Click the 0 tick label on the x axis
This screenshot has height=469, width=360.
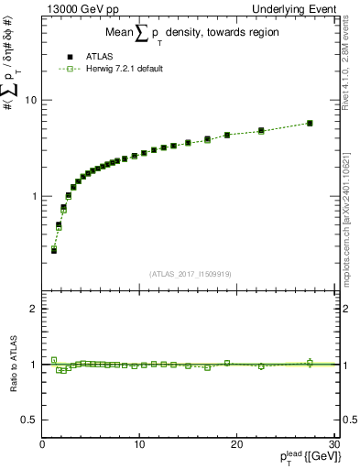pos(42,445)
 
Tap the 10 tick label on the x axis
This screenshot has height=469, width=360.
pos(138,445)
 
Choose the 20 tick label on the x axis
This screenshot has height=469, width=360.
pos(235,445)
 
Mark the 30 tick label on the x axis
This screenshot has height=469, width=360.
pos(333,445)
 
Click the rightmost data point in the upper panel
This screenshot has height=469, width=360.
pos(310,123)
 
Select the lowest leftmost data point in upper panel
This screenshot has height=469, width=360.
pos(54,249)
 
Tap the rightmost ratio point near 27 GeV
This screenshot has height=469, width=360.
pos(310,363)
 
